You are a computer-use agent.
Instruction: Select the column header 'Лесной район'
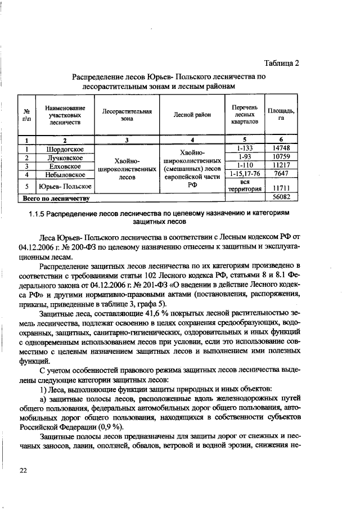[192, 115]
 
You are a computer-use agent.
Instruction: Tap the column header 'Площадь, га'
[281, 115]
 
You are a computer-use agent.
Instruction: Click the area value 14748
[281, 149]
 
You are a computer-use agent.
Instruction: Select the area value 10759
[281, 157]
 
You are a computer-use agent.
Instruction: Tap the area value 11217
[281, 166]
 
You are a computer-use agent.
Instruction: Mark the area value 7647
[281, 174]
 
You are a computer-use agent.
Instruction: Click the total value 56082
[281, 198]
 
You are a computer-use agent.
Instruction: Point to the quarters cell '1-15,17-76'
[244, 174]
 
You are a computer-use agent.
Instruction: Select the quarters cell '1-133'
[244, 148]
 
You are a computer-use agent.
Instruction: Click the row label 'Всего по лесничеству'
[56, 199]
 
